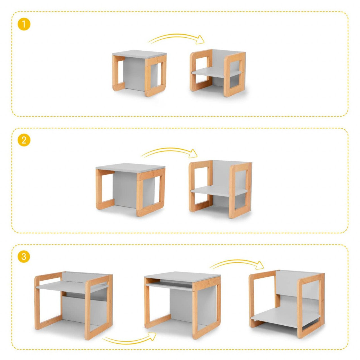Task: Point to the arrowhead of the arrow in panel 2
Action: (x=193, y=153)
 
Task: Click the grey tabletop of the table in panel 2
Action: (x=130, y=167)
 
